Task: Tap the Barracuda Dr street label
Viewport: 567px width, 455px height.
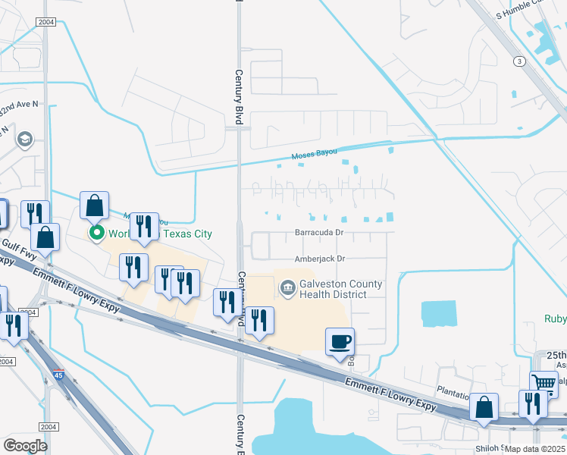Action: pyautogui.click(x=321, y=232)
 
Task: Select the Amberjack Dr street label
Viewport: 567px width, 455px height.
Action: pyautogui.click(x=321, y=258)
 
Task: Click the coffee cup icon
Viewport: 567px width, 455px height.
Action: pyautogui.click(x=340, y=341)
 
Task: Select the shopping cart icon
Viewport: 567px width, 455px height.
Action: pyautogui.click(x=544, y=384)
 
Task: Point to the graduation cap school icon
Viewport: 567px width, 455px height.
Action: pyautogui.click(x=26, y=139)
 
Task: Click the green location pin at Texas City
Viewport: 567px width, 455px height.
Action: pyautogui.click(x=96, y=233)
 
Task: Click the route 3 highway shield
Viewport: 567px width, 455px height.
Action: pyautogui.click(x=519, y=61)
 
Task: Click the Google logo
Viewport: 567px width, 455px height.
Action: pyautogui.click(x=25, y=445)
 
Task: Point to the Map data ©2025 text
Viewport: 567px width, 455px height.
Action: pyautogui.click(x=534, y=449)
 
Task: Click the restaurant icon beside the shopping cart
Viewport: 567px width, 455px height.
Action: pyautogui.click(x=533, y=405)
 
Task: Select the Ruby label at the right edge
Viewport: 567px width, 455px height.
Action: pyautogui.click(x=555, y=319)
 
